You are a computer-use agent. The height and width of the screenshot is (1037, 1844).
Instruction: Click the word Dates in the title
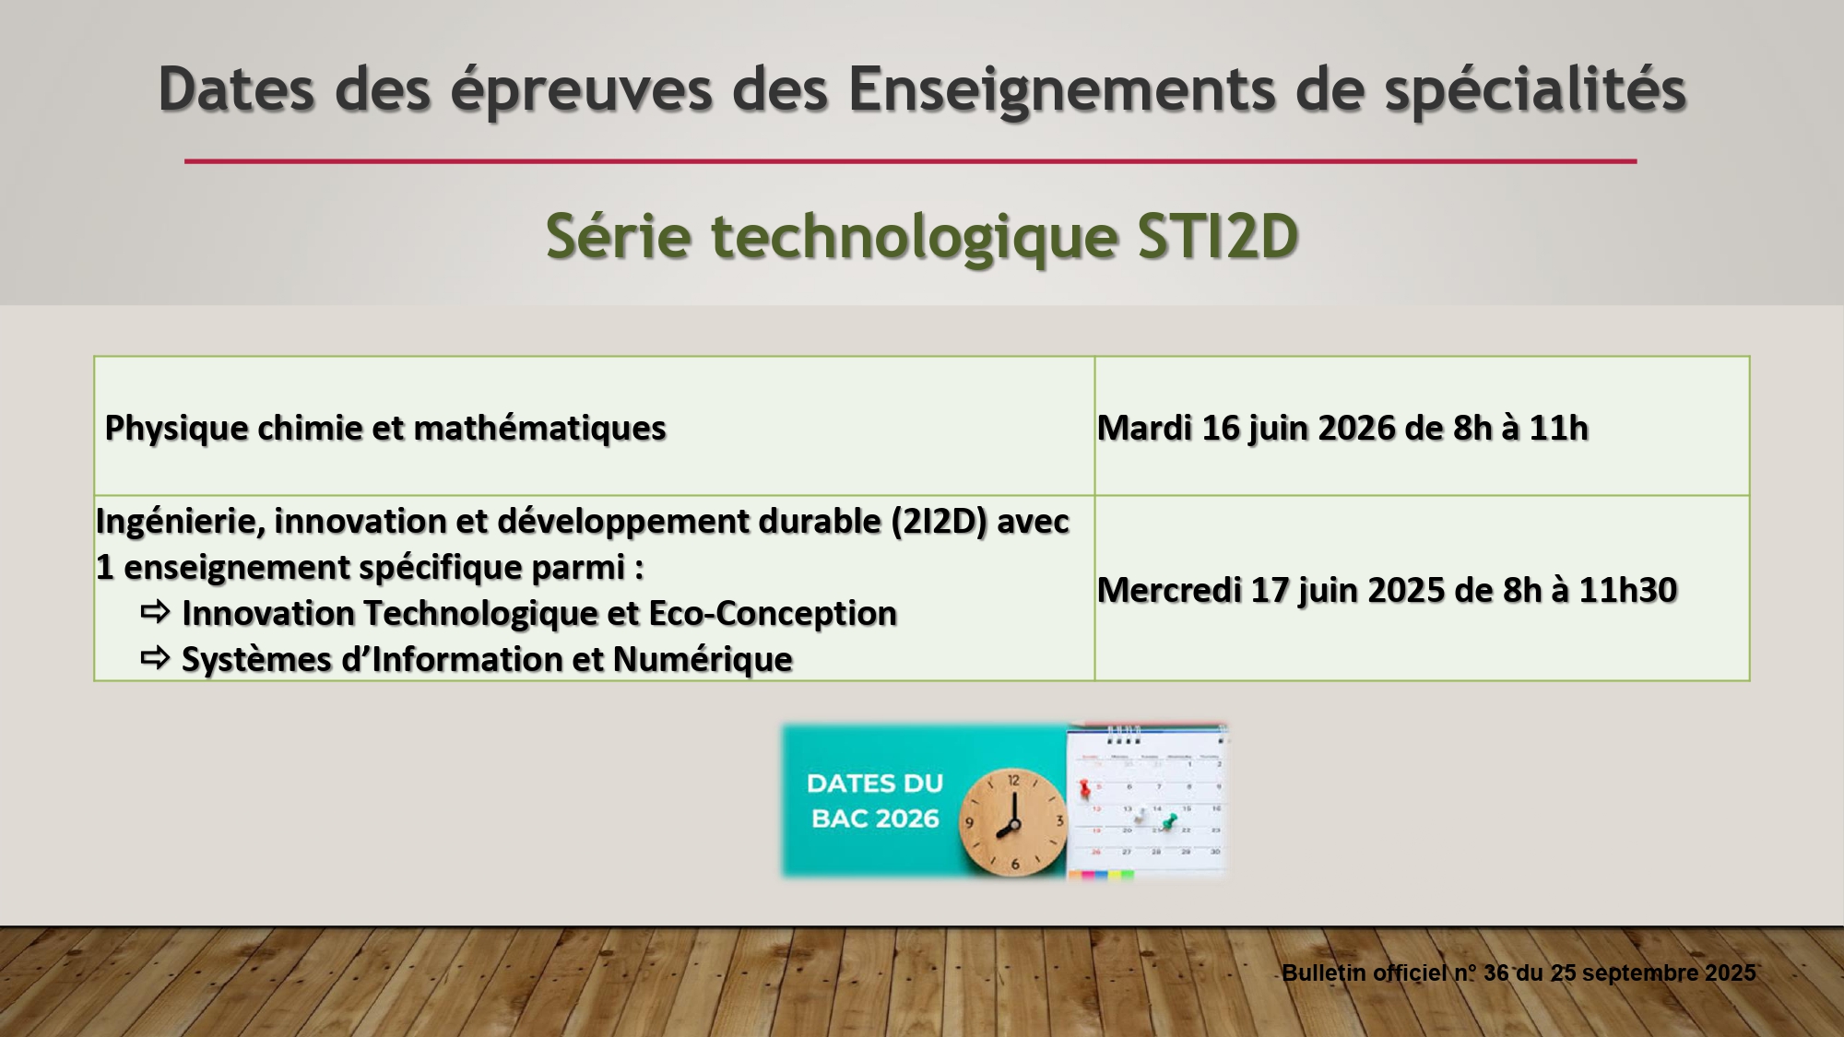click(237, 89)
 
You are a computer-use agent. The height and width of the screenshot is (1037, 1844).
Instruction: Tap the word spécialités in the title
click(1535, 91)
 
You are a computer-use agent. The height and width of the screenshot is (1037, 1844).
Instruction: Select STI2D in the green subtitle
click(1217, 236)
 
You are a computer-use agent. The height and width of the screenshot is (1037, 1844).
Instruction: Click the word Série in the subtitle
click(618, 236)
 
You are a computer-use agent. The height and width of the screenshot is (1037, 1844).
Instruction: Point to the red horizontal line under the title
click(910, 161)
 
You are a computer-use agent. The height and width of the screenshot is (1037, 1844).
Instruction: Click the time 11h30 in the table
click(1627, 590)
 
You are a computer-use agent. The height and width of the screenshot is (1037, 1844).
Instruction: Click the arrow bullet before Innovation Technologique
click(155, 611)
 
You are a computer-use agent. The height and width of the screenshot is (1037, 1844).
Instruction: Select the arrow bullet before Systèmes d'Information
click(155, 657)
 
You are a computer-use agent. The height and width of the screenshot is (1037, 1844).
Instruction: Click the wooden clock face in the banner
click(1013, 820)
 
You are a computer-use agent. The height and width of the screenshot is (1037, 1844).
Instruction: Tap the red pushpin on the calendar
click(1085, 788)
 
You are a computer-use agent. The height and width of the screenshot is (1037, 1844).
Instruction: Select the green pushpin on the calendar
click(1169, 820)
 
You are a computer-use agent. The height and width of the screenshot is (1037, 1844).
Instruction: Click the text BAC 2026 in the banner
click(875, 819)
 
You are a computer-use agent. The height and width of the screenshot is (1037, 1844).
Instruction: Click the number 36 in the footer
click(1495, 973)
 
